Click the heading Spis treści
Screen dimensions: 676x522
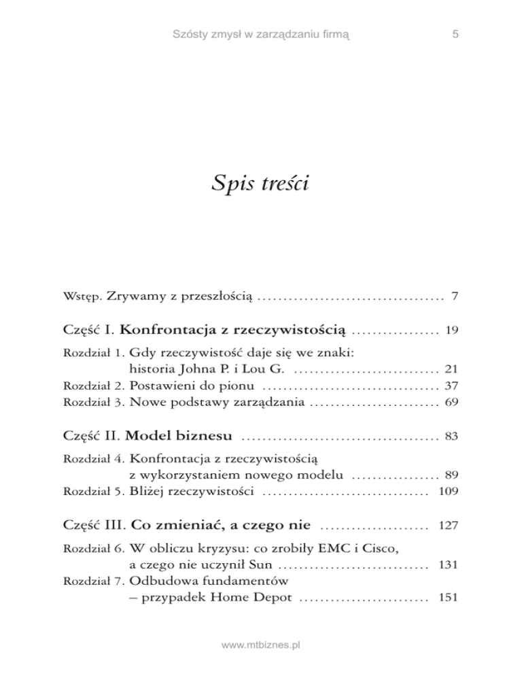pos(260,183)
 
